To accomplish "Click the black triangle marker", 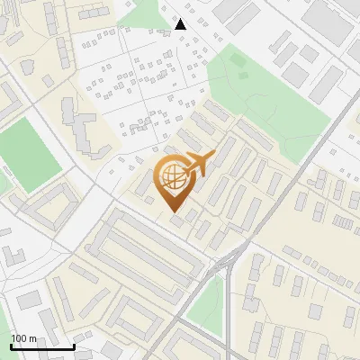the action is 181,24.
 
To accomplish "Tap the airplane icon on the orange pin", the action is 196,165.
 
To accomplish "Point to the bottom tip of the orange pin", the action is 175,213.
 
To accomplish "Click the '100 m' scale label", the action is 23,337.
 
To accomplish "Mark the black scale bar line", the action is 42,346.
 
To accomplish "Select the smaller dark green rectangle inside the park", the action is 238,58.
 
